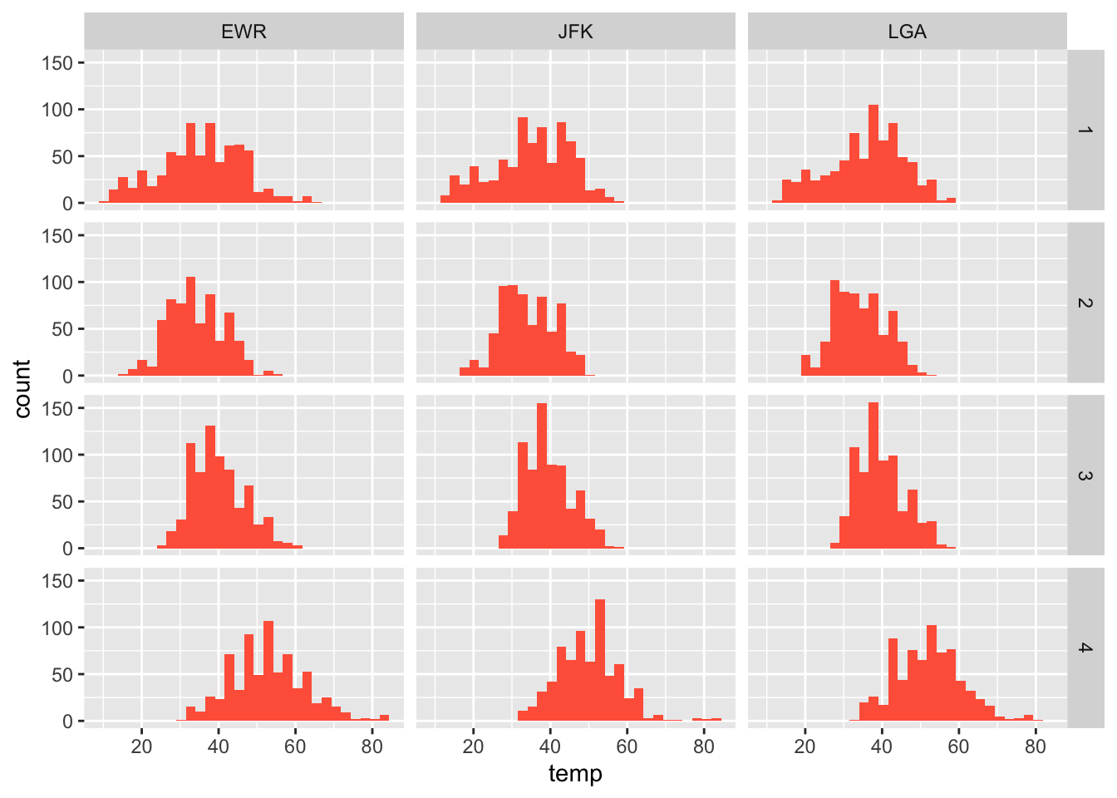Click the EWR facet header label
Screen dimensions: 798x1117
(x=244, y=32)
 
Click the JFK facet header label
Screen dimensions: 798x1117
(x=575, y=32)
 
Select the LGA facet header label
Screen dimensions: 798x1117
(x=907, y=32)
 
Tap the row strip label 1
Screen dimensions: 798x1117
(x=1085, y=131)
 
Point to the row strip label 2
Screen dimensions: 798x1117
(x=1085, y=303)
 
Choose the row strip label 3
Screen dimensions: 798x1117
(x=1085, y=475)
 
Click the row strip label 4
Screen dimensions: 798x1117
(x=1085, y=648)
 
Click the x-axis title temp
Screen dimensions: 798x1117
(x=575, y=774)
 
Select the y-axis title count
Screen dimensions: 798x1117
(x=22, y=388)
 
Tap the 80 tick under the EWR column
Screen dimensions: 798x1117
(x=372, y=746)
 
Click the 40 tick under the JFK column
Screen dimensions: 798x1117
(x=550, y=746)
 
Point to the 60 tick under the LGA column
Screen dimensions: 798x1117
(x=958, y=746)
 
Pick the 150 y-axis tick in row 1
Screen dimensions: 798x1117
(x=57, y=62)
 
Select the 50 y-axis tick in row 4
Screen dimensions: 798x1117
(x=63, y=674)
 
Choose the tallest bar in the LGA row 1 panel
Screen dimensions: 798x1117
(x=873, y=154)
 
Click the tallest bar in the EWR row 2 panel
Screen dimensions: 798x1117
(x=190, y=326)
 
